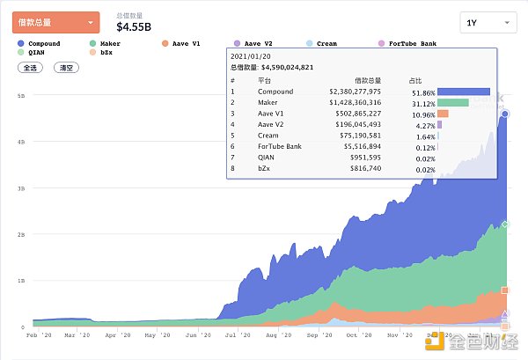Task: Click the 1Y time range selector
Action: (x=488, y=23)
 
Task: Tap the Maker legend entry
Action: (x=108, y=43)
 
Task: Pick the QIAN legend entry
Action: (x=36, y=53)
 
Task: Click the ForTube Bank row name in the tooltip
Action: (x=279, y=146)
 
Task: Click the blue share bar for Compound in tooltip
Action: (x=463, y=91)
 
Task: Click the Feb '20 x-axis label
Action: (x=39, y=334)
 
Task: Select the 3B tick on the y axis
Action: (x=20, y=187)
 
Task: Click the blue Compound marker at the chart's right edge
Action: (x=504, y=114)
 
